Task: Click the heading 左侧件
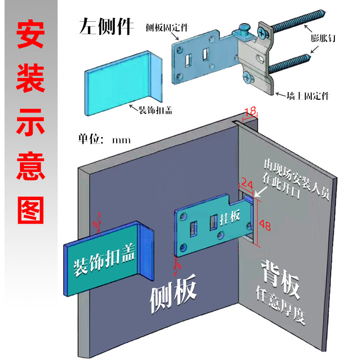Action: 106,27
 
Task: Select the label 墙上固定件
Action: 308,96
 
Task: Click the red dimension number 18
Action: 250,111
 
